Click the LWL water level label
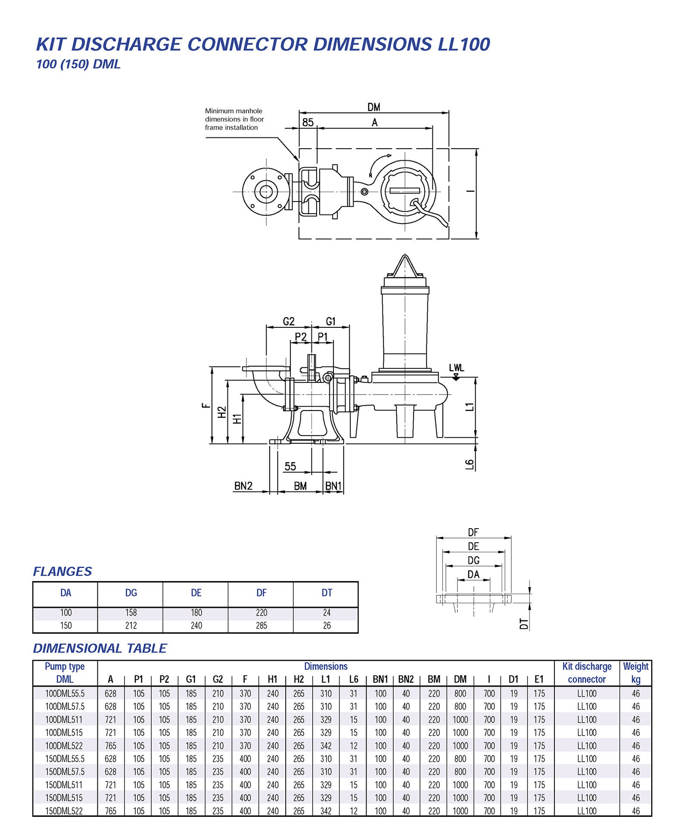(x=456, y=367)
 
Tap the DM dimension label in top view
(x=373, y=107)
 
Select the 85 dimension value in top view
(x=308, y=122)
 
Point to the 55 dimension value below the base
(x=290, y=466)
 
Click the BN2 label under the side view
(x=243, y=486)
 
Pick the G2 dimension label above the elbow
(x=289, y=321)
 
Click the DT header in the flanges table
(x=326, y=593)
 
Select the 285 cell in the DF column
(x=261, y=625)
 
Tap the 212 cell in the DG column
(x=131, y=625)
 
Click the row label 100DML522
(x=64, y=746)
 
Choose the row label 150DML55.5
(x=65, y=759)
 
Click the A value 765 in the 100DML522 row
(x=110, y=746)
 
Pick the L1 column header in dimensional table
(x=326, y=679)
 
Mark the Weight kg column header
(x=635, y=672)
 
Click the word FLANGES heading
(x=62, y=571)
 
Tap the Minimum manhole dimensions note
(x=234, y=119)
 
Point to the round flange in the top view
(x=266, y=191)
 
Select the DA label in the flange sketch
(x=473, y=574)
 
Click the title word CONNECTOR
(x=248, y=44)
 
